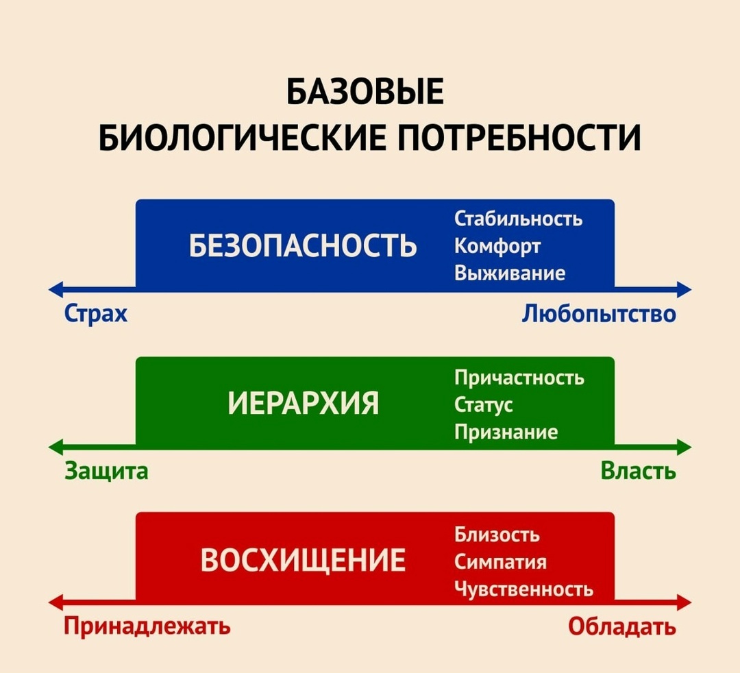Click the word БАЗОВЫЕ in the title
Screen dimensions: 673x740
(365, 93)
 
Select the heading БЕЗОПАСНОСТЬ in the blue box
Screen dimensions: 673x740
(302, 245)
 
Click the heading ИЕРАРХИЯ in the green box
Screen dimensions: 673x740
(303, 404)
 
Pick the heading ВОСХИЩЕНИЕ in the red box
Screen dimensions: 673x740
(303, 560)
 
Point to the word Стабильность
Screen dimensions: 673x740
(519, 219)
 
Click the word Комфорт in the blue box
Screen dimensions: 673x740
(497, 246)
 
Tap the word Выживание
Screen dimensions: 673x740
(510, 273)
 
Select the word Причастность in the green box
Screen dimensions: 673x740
(519, 378)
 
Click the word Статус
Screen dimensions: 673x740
(484, 405)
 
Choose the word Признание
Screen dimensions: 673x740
(506, 432)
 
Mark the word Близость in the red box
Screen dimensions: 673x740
(497, 535)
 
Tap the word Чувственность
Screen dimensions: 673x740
(523, 589)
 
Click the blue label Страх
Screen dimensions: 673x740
(96, 314)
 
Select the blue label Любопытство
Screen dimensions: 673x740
(599, 314)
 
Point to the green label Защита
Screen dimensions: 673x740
(106, 472)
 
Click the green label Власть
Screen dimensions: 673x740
(638, 472)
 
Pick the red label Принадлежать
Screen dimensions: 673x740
(147, 626)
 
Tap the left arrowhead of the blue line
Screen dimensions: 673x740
(55, 289)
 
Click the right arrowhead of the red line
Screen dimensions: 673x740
(684, 604)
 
